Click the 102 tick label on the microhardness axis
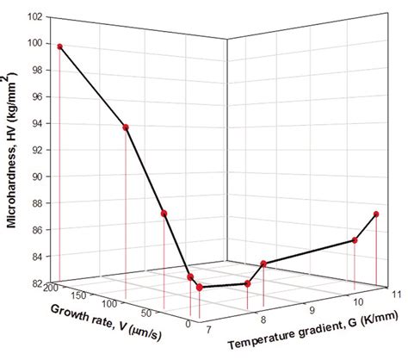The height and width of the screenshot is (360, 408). click(38, 16)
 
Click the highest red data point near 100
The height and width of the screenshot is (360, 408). click(59, 47)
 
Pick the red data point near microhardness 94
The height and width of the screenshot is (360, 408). click(127, 127)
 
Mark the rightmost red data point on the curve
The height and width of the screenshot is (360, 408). click(376, 214)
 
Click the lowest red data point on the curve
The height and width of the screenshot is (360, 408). click(200, 287)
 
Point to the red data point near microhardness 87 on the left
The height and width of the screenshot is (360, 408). click(164, 214)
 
